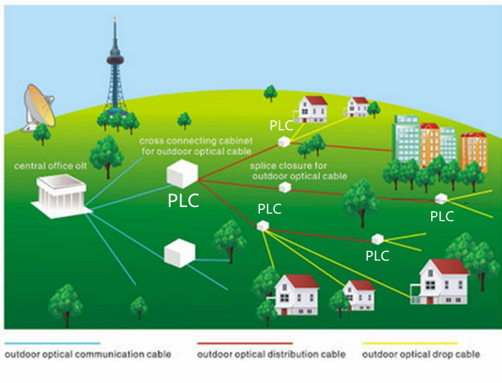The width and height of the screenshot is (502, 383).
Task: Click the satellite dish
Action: click(x=39, y=108)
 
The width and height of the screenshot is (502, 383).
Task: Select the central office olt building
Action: click(x=61, y=196)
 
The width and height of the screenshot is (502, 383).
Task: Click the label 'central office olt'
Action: click(x=50, y=166)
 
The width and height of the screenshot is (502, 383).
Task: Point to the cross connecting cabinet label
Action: click(x=196, y=146)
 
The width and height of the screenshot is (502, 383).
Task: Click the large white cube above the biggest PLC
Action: click(x=182, y=174)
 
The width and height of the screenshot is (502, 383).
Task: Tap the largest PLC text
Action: click(x=183, y=201)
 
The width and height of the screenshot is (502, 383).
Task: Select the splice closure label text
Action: click(x=299, y=171)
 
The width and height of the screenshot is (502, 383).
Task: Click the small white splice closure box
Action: click(x=285, y=187)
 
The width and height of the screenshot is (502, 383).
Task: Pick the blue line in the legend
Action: click(x=53, y=344)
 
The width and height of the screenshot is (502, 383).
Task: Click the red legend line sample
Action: click(x=245, y=344)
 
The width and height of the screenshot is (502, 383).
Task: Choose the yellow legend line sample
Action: click(x=410, y=344)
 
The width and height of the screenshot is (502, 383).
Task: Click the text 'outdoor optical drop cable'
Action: click(x=421, y=354)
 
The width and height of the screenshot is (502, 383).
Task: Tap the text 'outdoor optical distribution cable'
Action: click(x=271, y=354)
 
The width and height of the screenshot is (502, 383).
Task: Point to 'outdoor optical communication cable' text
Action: click(x=88, y=354)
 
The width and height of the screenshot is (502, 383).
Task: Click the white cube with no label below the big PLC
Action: click(x=179, y=253)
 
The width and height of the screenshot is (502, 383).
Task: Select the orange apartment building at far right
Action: click(x=474, y=152)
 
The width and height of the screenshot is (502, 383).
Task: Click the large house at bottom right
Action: click(x=441, y=282)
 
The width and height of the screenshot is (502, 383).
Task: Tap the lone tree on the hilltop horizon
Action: click(x=270, y=93)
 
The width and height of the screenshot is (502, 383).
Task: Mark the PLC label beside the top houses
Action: click(x=281, y=125)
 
